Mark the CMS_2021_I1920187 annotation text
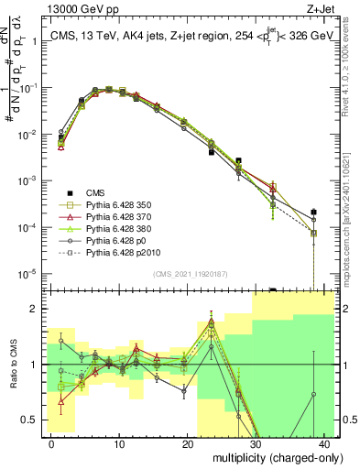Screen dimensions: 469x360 [190, 273]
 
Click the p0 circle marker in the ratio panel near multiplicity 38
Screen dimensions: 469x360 [313, 395]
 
